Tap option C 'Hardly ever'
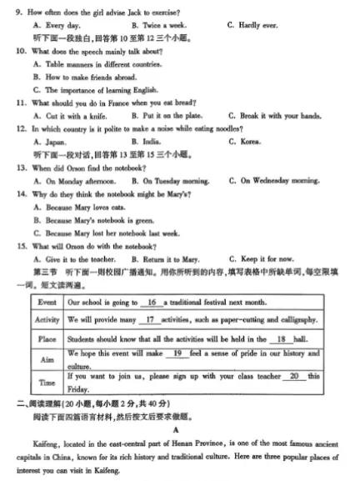[x=253, y=26]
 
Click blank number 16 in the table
[x=151, y=302]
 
